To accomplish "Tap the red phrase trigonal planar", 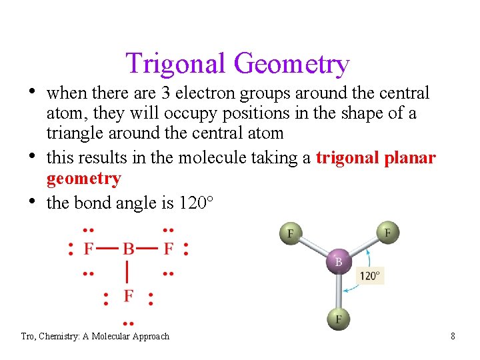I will point(375,158).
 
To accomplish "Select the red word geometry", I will point(83,178).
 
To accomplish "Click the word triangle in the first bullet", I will point(71,133).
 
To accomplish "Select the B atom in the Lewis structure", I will point(128,249).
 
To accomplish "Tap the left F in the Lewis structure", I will point(88,249).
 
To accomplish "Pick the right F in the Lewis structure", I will point(168,249).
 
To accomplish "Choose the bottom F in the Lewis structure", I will point(128,295).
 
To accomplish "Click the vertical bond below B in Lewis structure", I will point(128,272).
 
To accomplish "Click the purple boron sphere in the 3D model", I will point(338,261).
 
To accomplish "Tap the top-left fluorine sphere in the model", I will point(291,233).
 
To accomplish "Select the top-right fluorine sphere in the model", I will point(387,233).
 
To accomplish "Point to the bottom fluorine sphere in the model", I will point(339,319).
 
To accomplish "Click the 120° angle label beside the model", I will point(370,275).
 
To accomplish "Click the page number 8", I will point(453,336).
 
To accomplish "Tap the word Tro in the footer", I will point(28,336).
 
